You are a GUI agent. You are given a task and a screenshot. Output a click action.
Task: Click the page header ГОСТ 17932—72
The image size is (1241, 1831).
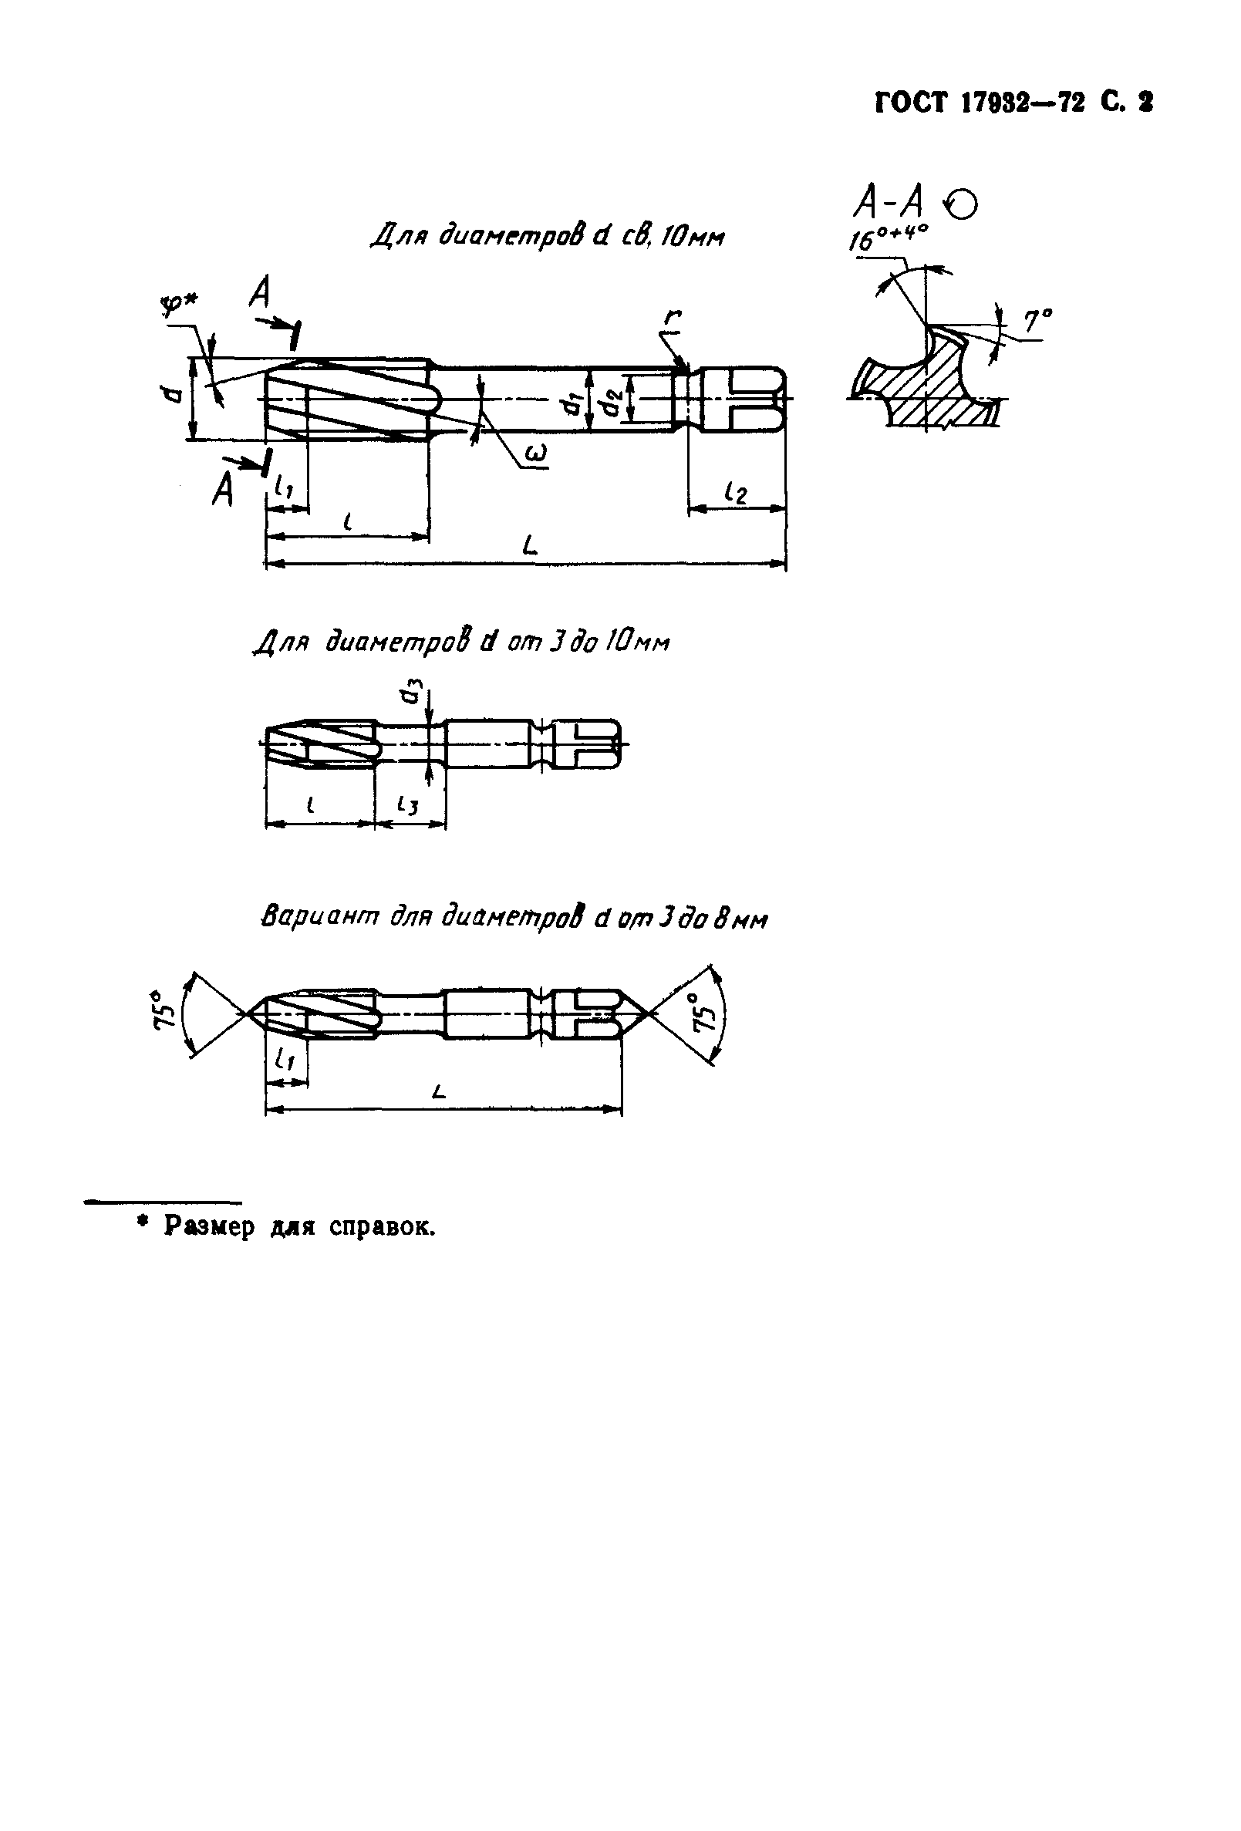pos(977,103)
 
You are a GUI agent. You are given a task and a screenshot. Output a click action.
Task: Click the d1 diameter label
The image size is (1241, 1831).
pos(573,403)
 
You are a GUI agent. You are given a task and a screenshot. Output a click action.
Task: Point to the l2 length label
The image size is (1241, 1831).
pos(735,493)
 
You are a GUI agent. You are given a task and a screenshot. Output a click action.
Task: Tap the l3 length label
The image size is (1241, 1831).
pos(407,804)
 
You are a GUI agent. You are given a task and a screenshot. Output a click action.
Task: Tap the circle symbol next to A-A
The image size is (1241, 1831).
pos(963,204)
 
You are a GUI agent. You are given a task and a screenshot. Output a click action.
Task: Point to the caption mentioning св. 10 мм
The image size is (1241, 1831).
pos(547,235)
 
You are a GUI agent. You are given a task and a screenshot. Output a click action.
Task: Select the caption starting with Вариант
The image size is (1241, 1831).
pos(513,918)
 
